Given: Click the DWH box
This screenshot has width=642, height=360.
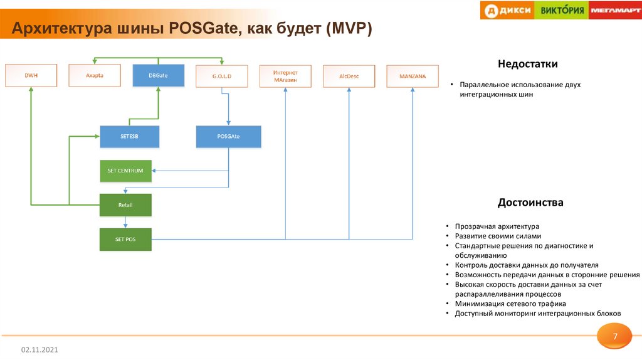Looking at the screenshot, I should [x=31, y=75].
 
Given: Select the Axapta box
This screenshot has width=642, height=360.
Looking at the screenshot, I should [x=94, y=75].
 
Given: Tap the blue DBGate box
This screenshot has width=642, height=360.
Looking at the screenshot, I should [x=158, y=75].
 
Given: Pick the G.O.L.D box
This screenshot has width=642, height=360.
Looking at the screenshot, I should [x=221, y=76].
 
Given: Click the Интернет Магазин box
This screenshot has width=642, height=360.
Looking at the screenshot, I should [x=285, y=76].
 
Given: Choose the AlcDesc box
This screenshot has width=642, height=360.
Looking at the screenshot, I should [x=349, y=76].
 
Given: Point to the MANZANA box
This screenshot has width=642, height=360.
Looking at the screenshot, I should [x=412, y=76].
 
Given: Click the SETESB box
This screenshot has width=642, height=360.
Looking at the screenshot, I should [x=129, y=137].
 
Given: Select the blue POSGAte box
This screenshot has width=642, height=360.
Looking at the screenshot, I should [x=228, y=137].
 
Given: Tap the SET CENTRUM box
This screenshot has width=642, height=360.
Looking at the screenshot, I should [x=125, y=171].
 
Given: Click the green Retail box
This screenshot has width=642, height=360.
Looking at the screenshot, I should [x=125, y=205].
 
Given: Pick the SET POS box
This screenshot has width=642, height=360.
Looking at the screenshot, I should [x=125, y=239].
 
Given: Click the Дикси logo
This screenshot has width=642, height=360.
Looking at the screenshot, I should [x=508, y=10].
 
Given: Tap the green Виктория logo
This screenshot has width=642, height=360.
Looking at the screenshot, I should [x=562, y=10].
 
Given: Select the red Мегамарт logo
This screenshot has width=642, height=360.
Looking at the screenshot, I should [x=615, y=10].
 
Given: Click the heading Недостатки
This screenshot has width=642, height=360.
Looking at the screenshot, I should [x=527, y=64].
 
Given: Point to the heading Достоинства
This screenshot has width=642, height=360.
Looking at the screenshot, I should [x=530, y=203].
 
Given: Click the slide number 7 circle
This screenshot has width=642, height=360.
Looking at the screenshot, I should [x=615, y=337].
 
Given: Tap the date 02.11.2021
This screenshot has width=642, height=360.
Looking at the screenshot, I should [x=40, y=349].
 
